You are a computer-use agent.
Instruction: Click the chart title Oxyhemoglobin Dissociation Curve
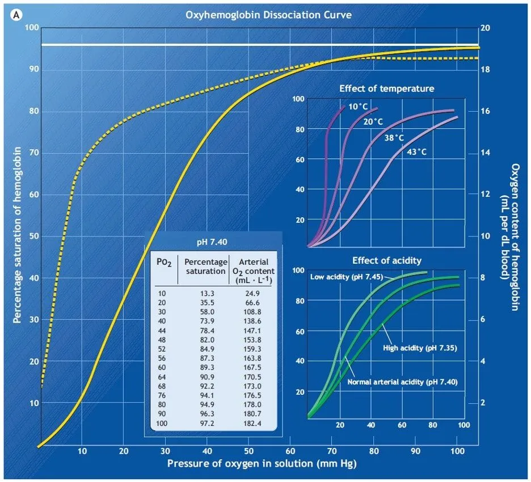click(x=268, y=15)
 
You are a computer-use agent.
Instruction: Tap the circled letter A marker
click(x=18, y=16)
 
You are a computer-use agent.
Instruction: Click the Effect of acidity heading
click(x=387, y=260)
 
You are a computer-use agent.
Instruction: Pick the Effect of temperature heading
click(x=387, y=88)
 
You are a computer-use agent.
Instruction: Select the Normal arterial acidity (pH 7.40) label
click(x=402, y=382)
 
